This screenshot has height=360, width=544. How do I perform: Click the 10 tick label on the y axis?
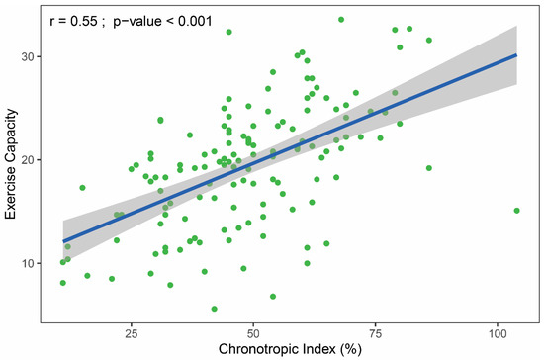click(26, 263)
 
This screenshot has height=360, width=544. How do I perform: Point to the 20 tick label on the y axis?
click(26, 160)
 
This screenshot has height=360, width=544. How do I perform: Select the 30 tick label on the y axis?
click(26, 57)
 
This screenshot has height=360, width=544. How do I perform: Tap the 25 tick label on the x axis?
click(132, 334)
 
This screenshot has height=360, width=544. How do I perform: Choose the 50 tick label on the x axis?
click(253, 334)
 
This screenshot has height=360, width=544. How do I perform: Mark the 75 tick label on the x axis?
click(375, 334)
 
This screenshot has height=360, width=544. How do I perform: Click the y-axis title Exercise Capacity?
click(9, 162)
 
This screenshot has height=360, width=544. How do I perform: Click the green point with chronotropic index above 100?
click(517, 211)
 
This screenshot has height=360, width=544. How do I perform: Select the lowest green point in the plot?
click(214, 309)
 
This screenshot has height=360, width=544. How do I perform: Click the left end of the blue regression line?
click(63, 241)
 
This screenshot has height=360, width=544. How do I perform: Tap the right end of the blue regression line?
click(516, 55)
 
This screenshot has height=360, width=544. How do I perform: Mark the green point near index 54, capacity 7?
click(273, 296)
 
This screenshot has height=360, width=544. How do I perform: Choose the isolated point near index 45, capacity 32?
click(228, 32)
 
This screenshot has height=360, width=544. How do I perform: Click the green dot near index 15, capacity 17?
click(83, 188)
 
